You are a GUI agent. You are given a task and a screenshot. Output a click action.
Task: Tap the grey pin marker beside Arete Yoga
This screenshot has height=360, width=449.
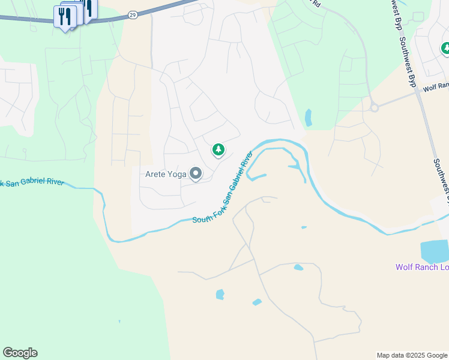pos(196,174)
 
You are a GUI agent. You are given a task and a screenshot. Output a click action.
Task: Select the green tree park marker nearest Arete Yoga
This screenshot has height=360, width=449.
pos(218,149)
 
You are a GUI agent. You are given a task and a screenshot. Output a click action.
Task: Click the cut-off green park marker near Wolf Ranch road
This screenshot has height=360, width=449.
pos(445,48)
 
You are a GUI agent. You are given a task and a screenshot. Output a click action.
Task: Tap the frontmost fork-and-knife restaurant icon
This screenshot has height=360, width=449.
pos(65,16)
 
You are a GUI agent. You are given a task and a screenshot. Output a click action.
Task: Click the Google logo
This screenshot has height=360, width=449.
pos(20,353)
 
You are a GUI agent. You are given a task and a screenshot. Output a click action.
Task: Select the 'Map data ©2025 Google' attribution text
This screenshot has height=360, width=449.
pos(412,355)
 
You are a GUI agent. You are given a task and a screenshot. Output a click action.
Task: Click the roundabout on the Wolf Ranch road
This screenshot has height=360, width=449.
pos(375,108)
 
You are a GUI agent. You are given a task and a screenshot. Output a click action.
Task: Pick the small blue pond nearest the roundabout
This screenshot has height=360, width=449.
pos(308,117)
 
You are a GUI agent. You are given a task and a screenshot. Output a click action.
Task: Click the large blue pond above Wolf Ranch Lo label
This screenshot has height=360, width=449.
pos(434,251)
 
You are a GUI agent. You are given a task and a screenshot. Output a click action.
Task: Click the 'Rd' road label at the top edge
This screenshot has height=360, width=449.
pos(316,3)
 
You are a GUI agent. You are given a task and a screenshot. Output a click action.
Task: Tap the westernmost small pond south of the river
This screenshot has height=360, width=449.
pos(220,294)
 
